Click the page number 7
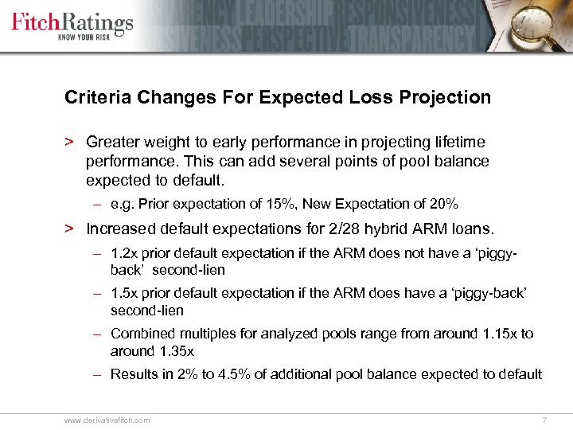tap(544, 420)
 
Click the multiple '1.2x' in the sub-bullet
tap(123, 253)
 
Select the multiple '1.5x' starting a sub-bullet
tap(123, 294)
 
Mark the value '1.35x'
tap(177, 351)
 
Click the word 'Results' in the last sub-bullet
tap(134, 374)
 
